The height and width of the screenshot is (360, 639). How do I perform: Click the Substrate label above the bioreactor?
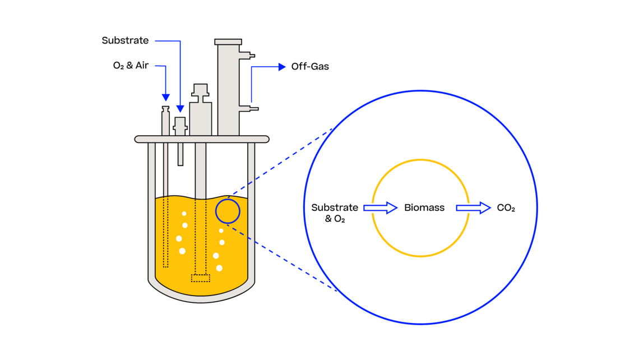click(125, 40)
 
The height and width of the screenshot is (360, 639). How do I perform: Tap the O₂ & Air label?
click(131, 66)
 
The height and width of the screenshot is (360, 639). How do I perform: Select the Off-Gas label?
click(310, 67)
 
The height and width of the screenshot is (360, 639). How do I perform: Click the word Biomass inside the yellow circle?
click(424, 208)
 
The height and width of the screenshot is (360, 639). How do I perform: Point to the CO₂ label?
click(506, 208)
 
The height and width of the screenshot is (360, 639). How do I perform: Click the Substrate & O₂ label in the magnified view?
click(335, 213)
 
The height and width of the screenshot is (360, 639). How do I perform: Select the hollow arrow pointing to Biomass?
click(381, 208)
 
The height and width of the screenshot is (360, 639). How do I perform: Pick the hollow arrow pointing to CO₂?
click(473, 208)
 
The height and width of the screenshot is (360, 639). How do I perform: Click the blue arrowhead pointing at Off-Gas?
click(282, 67)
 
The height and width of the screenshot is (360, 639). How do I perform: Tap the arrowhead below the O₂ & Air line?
click(165, 98)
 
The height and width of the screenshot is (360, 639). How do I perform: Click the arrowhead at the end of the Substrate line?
click(180, 109)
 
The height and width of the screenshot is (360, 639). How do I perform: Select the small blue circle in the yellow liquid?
click(228, 211)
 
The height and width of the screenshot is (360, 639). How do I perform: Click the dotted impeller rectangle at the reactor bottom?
click(201, 278)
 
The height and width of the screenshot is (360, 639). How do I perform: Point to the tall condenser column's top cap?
click(228, 41)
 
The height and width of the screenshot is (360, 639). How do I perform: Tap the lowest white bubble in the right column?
click(219, 269)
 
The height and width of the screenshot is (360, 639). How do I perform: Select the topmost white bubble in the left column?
click(184, 214)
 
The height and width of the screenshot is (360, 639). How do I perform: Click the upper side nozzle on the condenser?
click(247, 55)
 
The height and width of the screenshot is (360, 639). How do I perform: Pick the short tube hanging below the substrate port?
click(180, 154)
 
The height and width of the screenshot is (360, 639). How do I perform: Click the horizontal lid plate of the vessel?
click(202, 139)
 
